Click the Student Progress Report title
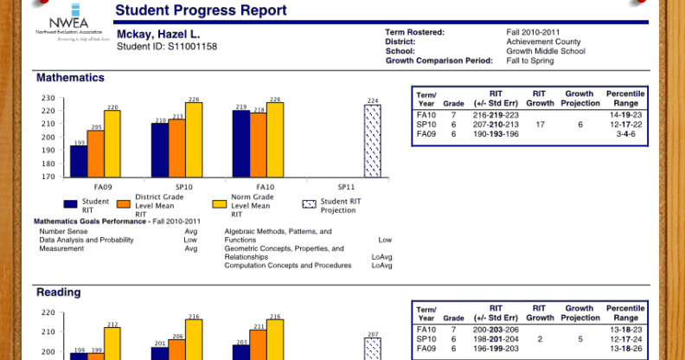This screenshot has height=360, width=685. click(x=201, y=11)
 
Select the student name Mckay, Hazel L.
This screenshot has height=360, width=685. click(x=158, y=34)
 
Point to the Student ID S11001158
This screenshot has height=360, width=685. click(x=167, y=46)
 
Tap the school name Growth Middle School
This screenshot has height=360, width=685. click(x=546, y=51)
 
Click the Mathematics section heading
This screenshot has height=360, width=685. click(x=70, y=78)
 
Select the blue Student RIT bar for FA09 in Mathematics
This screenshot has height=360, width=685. click(x=79, y=161)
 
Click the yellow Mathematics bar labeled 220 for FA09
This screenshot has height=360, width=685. click(x=112, y=144)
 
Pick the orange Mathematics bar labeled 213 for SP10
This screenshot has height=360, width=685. click(x=176, y=148)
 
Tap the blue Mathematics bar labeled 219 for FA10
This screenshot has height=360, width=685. click(x=241, y=144)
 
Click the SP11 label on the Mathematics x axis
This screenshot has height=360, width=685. click(x=346, y=187)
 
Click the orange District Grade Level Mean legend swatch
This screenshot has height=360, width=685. click(x=124, y=205)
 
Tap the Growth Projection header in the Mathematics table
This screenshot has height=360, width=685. click(x=580, y=98)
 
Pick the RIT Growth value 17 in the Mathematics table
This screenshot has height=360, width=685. click(x=540, y=125)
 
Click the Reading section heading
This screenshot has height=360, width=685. click(x=59, y=292)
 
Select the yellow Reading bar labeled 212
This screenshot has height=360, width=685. click(x=112, y=343)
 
